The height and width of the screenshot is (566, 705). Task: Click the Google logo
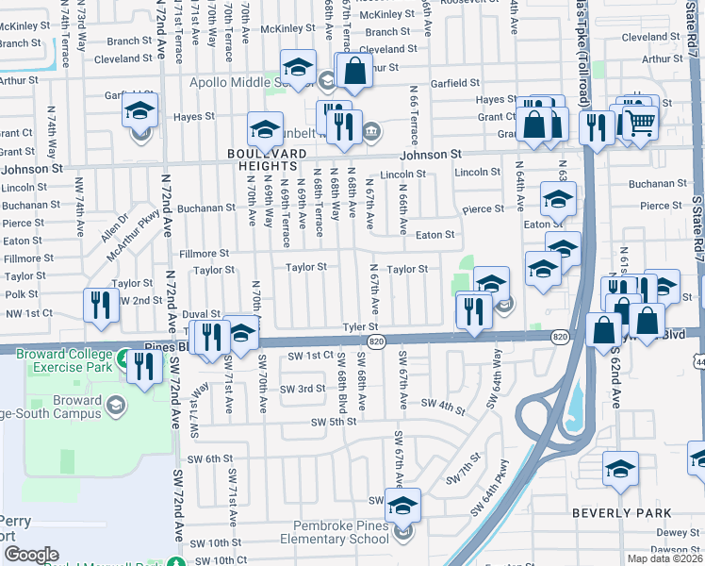31,555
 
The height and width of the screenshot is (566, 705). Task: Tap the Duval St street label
201,314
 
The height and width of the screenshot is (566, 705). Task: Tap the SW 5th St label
334,422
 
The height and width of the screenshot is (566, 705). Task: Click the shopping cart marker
640,121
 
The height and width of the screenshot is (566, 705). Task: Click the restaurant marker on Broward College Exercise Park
144,366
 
